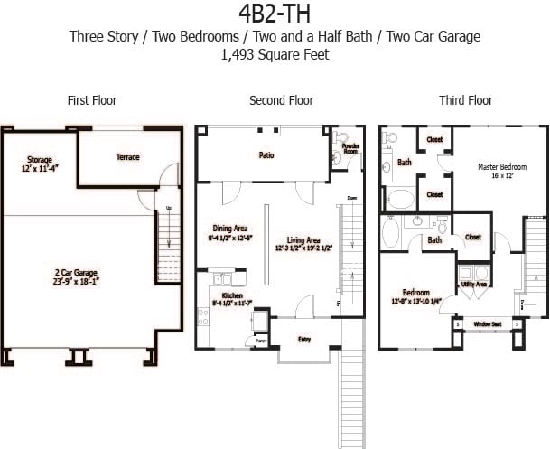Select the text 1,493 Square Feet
274,55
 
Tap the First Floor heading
92,100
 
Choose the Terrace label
128,157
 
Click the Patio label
266,155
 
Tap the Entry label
304,340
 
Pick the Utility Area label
474,284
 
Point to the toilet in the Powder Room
336,156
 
